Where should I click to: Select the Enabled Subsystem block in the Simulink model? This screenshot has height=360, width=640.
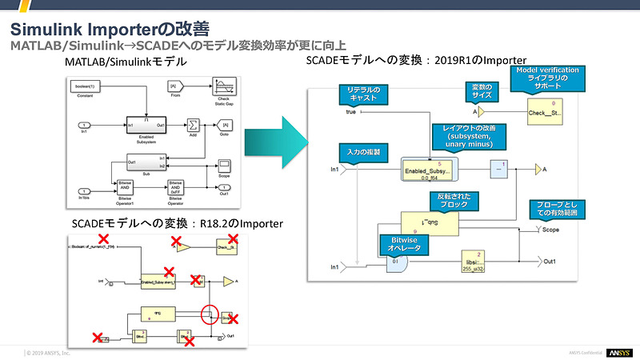click(x=146, y=125)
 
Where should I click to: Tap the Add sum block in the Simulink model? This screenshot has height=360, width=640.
click(x=193, y=125)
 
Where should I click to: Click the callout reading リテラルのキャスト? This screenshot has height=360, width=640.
click(x=364, y=94)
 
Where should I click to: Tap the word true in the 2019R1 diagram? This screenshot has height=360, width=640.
click(x=350, y=112)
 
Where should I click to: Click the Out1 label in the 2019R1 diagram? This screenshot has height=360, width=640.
click(x=551, y=261)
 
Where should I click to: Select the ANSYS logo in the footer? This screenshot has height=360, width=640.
click(x=619, y=352)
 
